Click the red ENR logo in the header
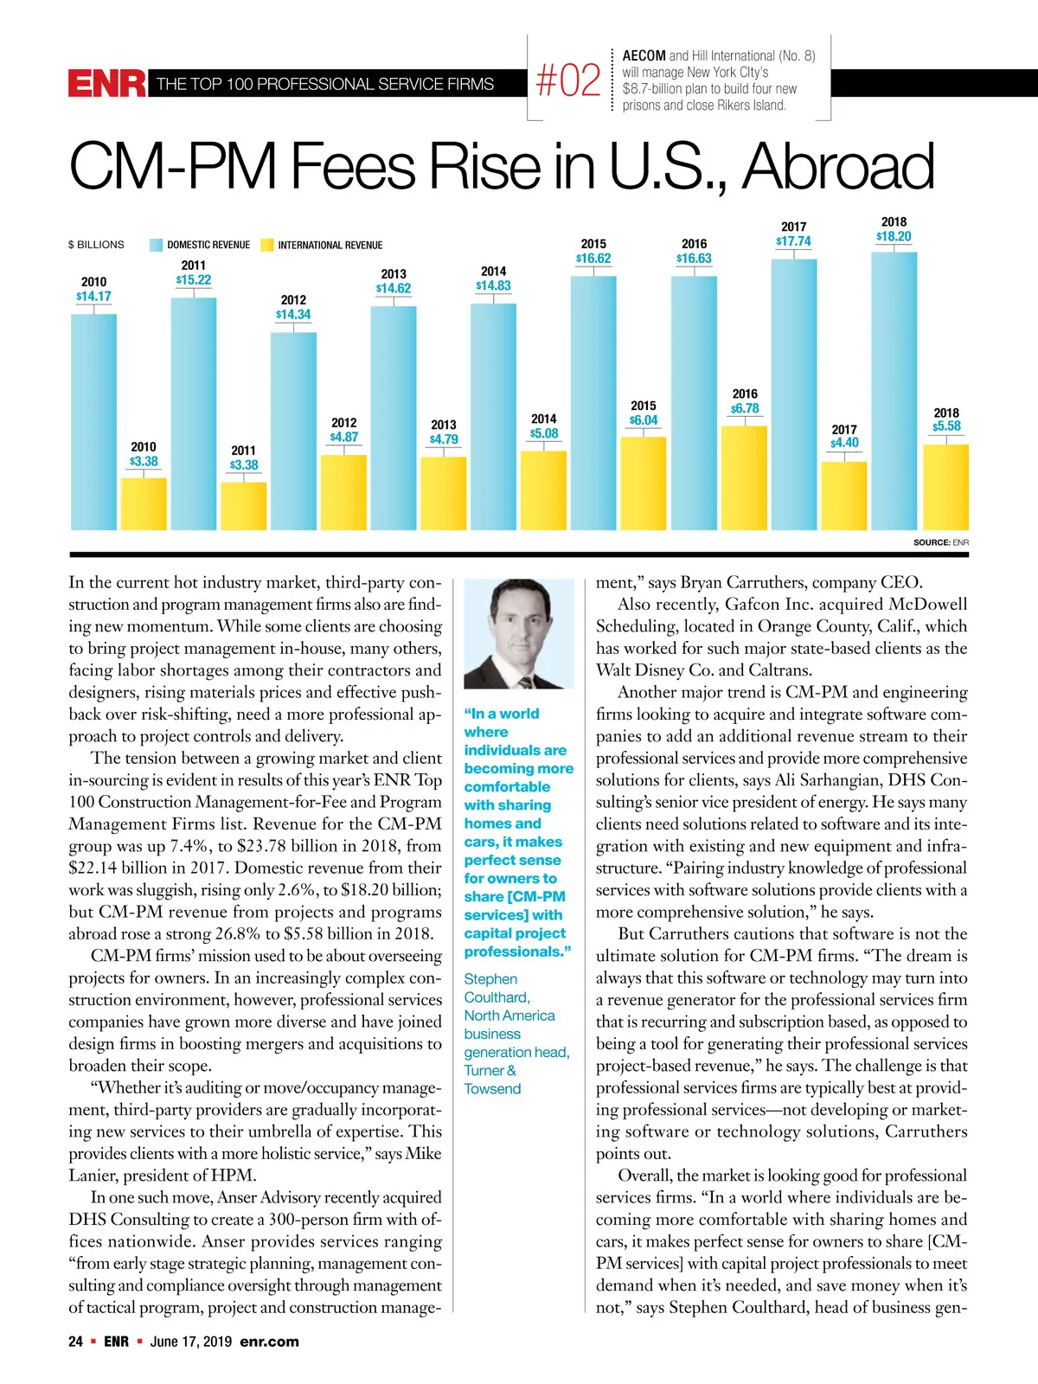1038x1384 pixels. pyautogui.click(x=107, y=84)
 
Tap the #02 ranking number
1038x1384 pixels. pyautogui.click(x=568, y=81)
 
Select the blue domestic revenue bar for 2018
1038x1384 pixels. pyautogui.click(x=894, y=389)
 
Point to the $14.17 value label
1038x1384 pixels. pyautogui.click(x=93, y=297)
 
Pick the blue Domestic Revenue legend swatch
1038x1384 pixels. pyautogui.click(x=156, y=245)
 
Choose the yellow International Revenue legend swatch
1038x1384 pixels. pyautogui.click(x=266, y=245)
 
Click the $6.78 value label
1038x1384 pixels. pyautogui.click(x=745, y=408)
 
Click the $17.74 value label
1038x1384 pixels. pyautogui.click(x=793, y=241)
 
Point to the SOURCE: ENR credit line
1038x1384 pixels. pyautogui.click(x=941, y=542)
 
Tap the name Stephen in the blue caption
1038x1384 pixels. pyautogui.click(x=490, y=979)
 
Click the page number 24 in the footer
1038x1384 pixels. pyautogui.click(x=76, y=1342)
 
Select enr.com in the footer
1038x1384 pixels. pyautogui.click(x=269, y=1342)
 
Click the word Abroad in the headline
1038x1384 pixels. pyautogui.click(x=837, y=166)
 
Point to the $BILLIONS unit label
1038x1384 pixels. pyautogui.click(x=96, y=245)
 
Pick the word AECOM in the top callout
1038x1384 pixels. pyautogui.click(x=644, y=55)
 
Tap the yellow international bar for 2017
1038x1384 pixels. pyautogui.click(x=843, y=496)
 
